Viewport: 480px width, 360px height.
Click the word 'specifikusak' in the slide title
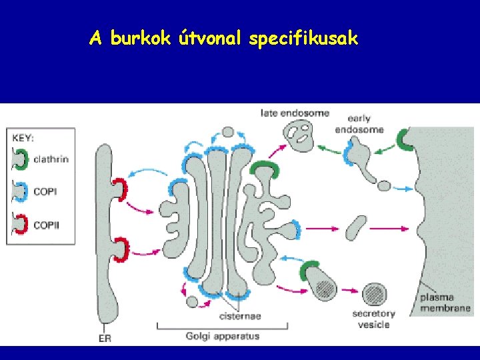[303, 39]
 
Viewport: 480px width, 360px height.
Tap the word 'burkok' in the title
[141, 39]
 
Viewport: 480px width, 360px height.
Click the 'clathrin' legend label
[51, 160]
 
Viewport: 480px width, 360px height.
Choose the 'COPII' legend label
[47, 225]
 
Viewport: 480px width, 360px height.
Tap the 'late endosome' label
[295, 113]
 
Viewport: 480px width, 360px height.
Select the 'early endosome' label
[360, 124]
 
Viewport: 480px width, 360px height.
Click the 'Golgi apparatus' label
[223, 336]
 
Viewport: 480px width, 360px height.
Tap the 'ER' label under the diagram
[105, 337]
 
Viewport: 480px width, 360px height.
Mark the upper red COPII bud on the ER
[119, 189]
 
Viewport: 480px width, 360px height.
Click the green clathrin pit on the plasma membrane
[405, 139]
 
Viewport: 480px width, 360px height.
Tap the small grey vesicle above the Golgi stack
[228, 132]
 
